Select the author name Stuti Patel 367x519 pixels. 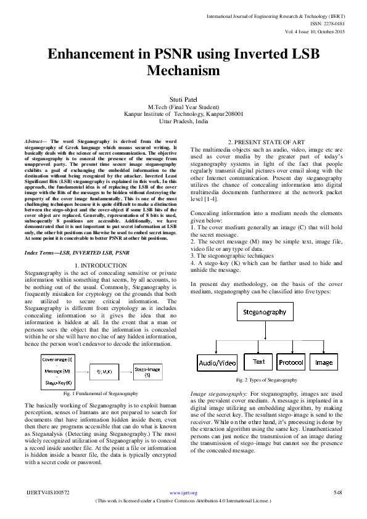click(183, 99)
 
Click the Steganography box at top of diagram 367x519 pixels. click(264, 312)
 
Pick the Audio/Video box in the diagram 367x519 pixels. click(217, 363)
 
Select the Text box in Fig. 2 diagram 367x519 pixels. click(258, 362)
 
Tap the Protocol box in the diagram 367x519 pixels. click(291, 363)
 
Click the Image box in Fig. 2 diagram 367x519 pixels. click(324, 363)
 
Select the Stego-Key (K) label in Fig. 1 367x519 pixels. click(56, 383)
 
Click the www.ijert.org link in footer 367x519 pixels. click(183, 492)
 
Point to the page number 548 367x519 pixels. click(337, 492)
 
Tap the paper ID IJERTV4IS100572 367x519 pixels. click(47, 492)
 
